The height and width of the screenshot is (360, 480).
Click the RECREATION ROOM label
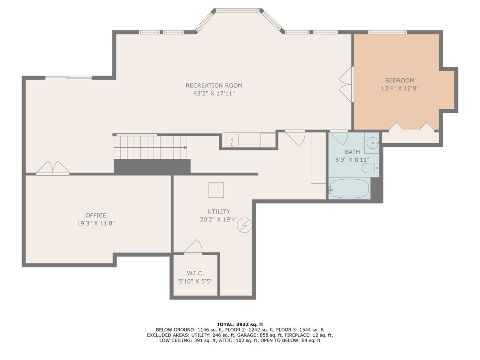click(x=214, y=86)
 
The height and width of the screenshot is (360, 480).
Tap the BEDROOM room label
click(x=400, y=80)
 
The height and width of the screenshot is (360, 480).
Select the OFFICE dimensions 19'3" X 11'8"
click(x=96, y=223)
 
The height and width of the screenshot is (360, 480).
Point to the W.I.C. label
click(x=195, y=273)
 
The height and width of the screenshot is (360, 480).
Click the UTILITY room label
click(x=219, y=211)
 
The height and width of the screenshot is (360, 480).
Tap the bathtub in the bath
click(x=349, y=188)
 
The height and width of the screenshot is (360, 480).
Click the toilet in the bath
click(x=370, y=168)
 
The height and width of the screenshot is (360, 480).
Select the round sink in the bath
click(x=373, y=143)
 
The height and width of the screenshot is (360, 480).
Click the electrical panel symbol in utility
click(x=244, y=225)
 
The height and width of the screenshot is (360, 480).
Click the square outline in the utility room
click(x=216, y=190)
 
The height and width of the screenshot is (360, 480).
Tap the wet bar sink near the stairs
click(x=232, y=140)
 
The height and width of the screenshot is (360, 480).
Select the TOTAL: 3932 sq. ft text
click(x=240, y=324)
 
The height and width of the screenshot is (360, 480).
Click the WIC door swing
click(x=193, y=247)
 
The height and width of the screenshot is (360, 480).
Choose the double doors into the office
click(x=53, y=168)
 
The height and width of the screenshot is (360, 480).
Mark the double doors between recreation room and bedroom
click(x=346, y=84)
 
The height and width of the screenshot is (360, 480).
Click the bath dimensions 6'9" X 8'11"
click(x=352, y=160)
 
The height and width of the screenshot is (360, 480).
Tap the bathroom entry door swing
click(x=338, y=138)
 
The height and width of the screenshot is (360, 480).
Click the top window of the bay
click(x=238, y=10)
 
